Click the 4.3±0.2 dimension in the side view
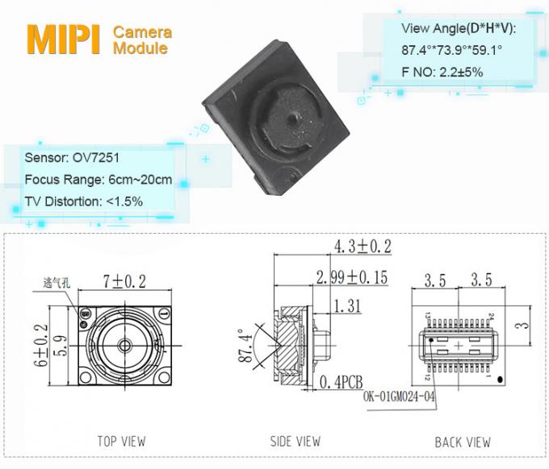[x=361, y=246]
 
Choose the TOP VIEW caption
[x=121, y=441]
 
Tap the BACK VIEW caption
[x=463, y=442]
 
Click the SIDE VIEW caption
[x=295, y=441]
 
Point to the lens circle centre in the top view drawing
[x=124, y=344]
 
